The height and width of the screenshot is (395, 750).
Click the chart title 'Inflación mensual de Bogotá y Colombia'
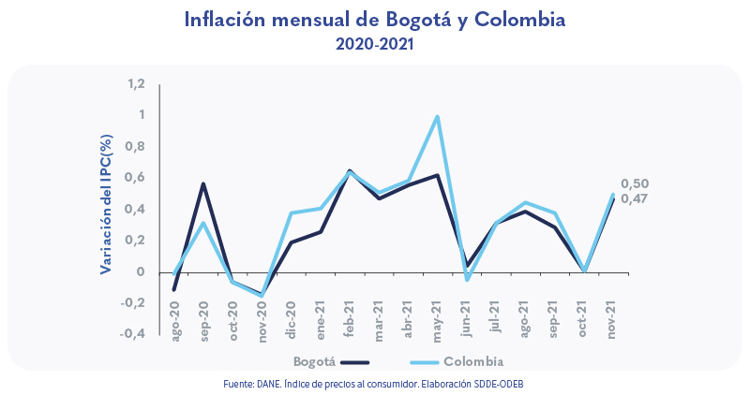point(375,19)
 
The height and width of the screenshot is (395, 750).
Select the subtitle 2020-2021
point(375,43)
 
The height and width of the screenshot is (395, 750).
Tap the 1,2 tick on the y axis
point(137,84)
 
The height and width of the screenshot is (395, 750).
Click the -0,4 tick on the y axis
point(133,334)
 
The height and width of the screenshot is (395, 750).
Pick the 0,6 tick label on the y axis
point(137,178)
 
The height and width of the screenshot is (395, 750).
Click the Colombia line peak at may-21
point(437,117)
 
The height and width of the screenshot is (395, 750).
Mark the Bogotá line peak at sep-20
point(203,183)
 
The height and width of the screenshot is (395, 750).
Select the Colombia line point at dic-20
point(291,213)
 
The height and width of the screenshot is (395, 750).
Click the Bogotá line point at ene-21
point(321,231)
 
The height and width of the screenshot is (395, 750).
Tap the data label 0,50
point(635,184)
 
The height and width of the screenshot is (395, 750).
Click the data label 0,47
point(635,198)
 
